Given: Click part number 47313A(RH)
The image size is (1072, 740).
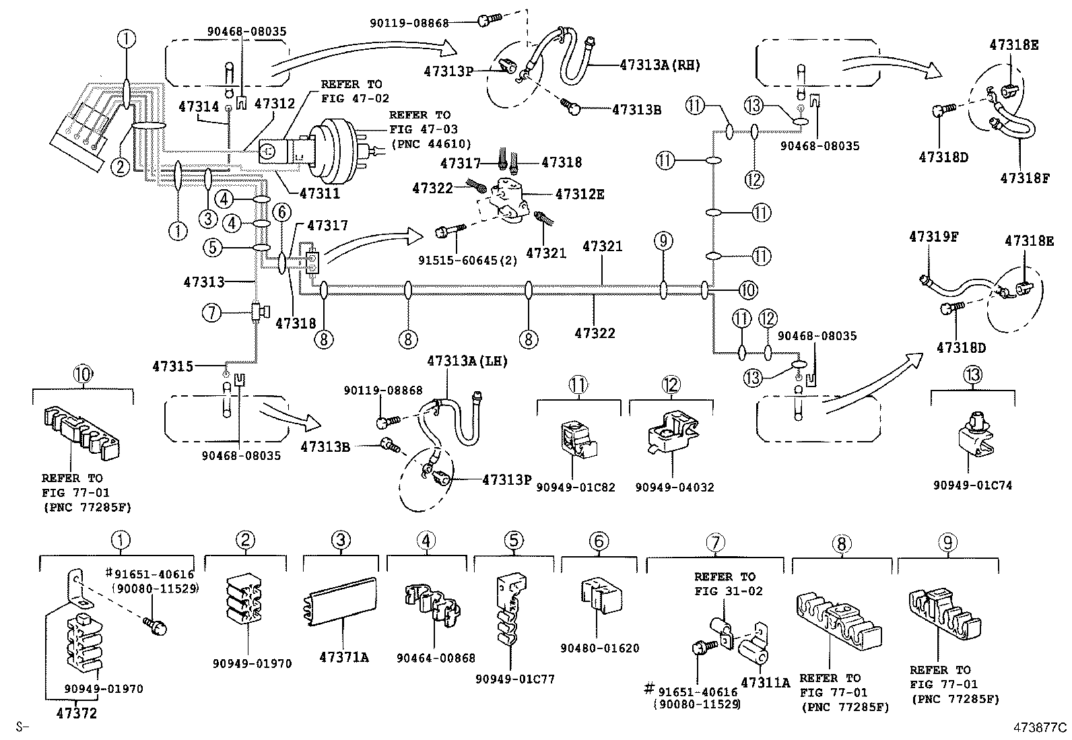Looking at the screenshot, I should click(660, 65).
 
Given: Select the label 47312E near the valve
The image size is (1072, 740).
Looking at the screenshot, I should click(580, 195).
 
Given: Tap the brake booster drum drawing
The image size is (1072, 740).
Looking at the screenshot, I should click(343, 152).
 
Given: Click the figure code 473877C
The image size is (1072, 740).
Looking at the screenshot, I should click(1041, 727).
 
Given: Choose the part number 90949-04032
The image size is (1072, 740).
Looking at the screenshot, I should click(674, 487).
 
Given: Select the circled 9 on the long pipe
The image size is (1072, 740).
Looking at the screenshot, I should click(663, 241).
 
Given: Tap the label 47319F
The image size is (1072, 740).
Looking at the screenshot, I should click(933, 237).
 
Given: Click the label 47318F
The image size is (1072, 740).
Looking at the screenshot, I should click(1024, 178).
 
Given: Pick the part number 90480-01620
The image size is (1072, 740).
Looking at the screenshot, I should click(599, 648).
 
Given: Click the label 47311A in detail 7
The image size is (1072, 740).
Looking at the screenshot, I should click(765, 683).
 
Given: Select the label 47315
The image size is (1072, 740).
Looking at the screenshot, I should click(172, 366).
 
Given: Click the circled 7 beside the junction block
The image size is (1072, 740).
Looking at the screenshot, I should click(211, 312).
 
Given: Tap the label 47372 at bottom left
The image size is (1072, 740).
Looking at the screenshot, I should click(75, 713).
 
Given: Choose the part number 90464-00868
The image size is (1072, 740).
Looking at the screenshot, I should click(436, 658).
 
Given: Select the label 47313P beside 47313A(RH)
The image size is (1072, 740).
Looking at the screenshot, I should click(449, 69).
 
